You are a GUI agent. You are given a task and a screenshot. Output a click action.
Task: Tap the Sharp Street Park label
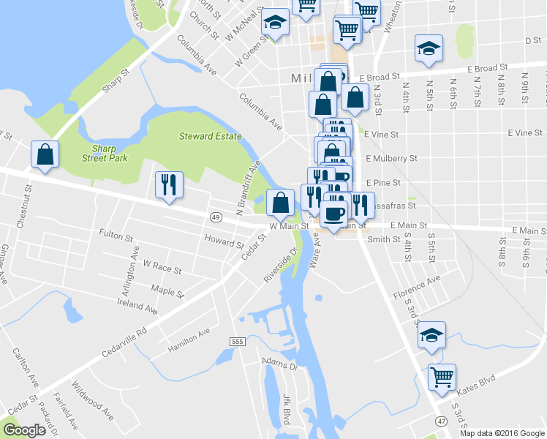tap(105, 152)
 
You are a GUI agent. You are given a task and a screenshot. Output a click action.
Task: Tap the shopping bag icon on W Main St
tap(280, 202)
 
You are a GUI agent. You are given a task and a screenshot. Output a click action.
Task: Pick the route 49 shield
tap(215, 217)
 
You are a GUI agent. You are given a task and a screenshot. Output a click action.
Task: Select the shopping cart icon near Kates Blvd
tap(442, 377)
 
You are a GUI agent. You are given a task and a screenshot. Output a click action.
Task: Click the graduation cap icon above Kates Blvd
tap(431, 334)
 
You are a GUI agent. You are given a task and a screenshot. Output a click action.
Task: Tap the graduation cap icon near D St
tap(429, 48)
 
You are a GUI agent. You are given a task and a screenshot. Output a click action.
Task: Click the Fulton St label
tap(116, 237)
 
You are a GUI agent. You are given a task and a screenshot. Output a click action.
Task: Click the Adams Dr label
tap(280, 363)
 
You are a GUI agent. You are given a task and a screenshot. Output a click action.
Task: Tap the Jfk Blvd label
tap(287, 408)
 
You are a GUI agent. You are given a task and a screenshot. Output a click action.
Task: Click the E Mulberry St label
tap(391, 157)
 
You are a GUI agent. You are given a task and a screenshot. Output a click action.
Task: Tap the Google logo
tap(24, 430)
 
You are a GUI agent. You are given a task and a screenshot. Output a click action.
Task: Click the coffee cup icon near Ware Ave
tap(334, 214)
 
